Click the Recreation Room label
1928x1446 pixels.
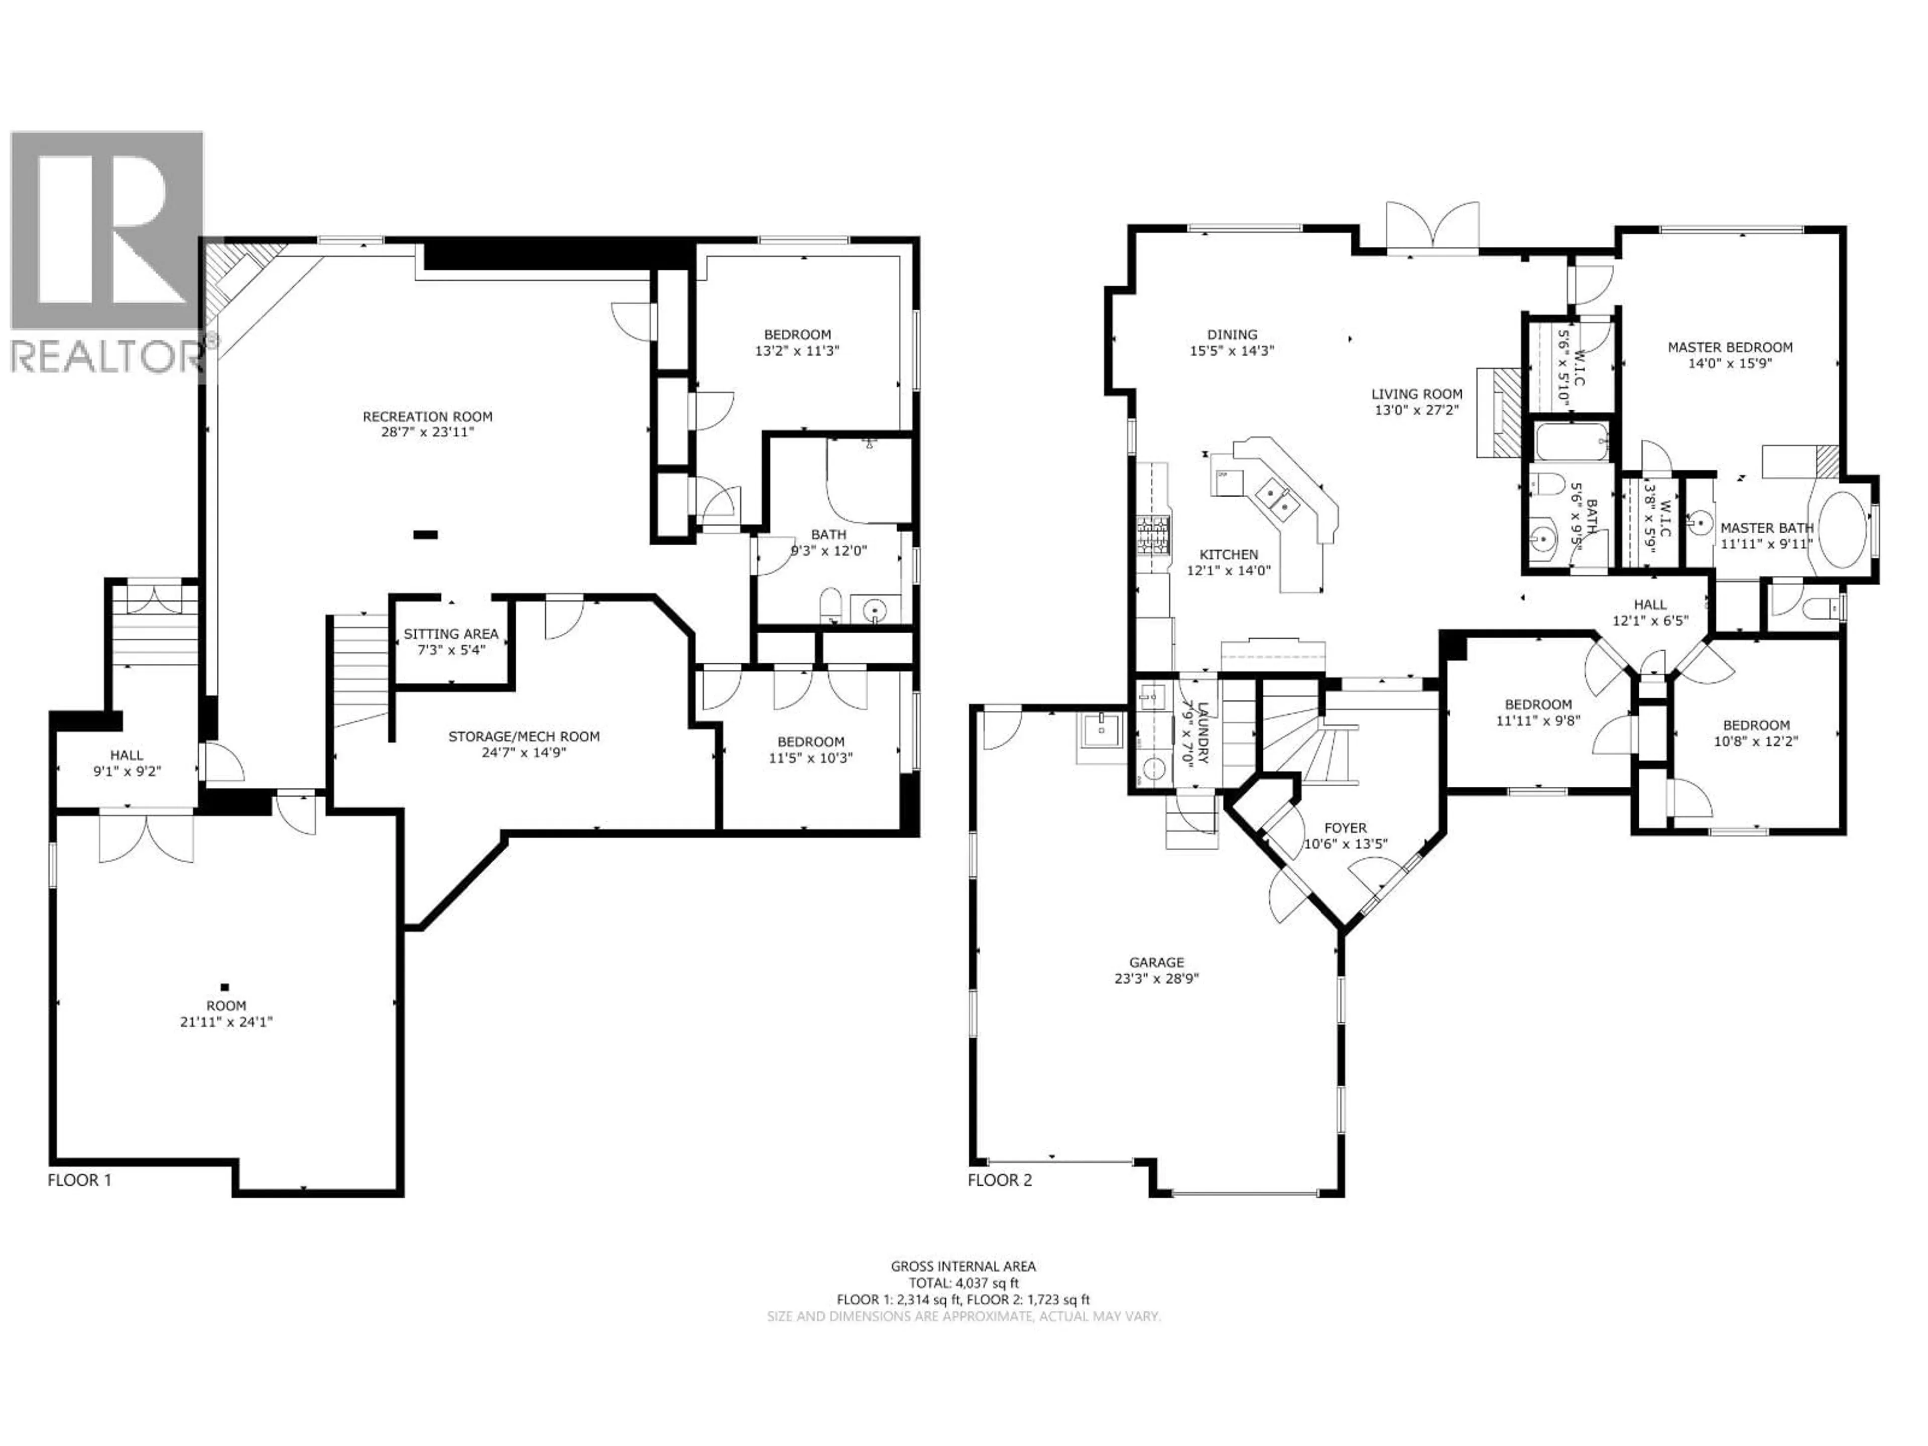[x=427, y=417]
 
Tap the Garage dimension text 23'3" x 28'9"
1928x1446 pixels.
[x=1157, y=978]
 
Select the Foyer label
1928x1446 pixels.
[x=1345, y=828]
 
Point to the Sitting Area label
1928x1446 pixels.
[x=451, y=634]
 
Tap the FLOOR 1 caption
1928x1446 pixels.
[x=79, y=1180]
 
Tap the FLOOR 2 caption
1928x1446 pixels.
[x=1000, y=1180]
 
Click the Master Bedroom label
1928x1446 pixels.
[x=1730, y=347]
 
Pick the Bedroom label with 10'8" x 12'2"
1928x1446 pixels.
[x=1755, y=725]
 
